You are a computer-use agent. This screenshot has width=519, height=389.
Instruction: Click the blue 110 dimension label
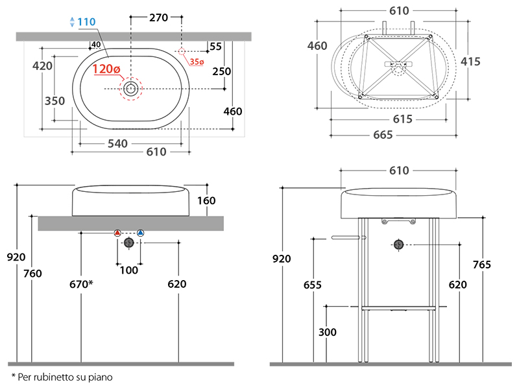click(86, 22)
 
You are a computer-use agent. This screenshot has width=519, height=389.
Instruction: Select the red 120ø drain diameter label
click(106, 69)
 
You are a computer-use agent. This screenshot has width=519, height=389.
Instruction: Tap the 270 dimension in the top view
click(158, 18)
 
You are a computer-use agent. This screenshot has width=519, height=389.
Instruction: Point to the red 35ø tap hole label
click(197, 62)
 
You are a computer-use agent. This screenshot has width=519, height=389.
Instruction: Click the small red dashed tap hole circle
click(182, 51)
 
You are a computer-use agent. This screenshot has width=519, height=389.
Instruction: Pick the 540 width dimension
click(117, 143)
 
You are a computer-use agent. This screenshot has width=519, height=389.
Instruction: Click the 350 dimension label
click(54, 101)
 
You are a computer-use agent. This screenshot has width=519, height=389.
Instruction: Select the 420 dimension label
click(42, 66)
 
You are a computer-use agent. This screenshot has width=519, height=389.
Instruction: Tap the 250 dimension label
click(222, 71)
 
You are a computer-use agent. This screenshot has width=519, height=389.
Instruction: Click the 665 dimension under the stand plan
click(383, 135)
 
